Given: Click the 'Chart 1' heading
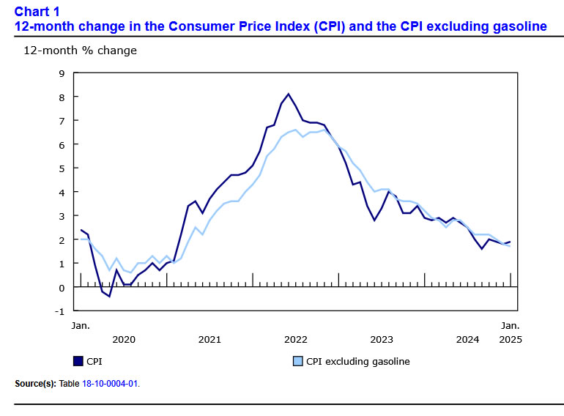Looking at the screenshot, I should click(x=37, y=12).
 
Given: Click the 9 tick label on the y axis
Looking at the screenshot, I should click(x=62, y=73).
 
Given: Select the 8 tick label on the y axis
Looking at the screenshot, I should click(x=62, y=97).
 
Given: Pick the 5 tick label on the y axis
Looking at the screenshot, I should click(x=62, y=168).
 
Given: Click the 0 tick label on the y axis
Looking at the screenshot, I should click(x=62, y=287).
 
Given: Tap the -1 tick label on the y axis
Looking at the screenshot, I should click(x=59, y=311).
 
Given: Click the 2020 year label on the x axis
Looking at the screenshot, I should click(x=124, y=339).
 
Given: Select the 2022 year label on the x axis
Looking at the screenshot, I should click(x=295, y=339).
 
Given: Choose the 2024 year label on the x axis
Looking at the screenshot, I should click(x=467, y=339).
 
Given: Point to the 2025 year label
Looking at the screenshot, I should click(x=511, y=339).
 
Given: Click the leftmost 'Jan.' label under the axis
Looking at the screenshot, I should click(x=81, y=324).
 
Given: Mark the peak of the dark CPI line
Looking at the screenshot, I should click(x=289, y=94).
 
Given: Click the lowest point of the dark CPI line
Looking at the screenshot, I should click(x=109, y=296).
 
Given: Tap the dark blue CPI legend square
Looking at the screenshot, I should click(x=78, y=361).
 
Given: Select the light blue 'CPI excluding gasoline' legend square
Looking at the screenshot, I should click(x=297, y=361).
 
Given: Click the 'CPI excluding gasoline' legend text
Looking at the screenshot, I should click(x=357, y=361).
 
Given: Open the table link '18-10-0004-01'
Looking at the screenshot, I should click(x=109, y=383).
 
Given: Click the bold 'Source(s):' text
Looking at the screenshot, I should click(x=34, y=383).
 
